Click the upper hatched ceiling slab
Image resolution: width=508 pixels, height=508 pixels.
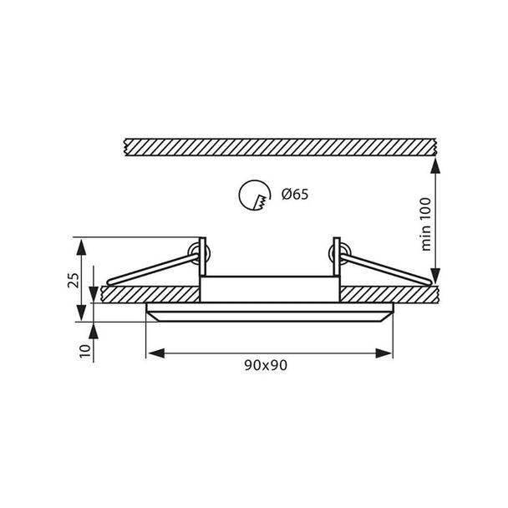click(278, 145)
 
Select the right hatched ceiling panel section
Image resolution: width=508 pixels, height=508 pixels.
click(389, 294)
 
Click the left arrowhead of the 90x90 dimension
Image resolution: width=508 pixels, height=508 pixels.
click(153, 353)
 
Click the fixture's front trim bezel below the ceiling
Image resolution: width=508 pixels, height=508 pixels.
click(269, 314)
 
